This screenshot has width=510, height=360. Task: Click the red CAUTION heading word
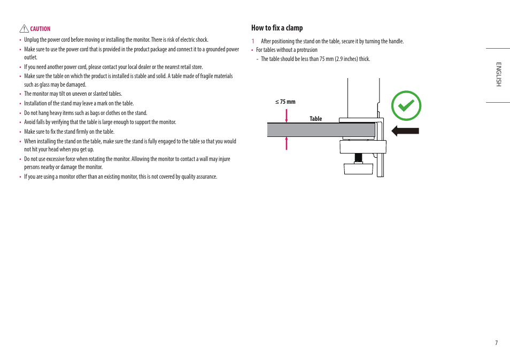point(40,29)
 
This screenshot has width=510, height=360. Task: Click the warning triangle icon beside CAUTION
point(24,29)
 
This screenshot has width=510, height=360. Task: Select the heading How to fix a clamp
point(277,28)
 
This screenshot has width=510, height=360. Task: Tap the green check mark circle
point(406,105)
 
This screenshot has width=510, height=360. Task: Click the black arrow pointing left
point(405,131)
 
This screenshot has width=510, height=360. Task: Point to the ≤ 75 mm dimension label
point(285,102)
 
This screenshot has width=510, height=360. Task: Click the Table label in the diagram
point(316,119)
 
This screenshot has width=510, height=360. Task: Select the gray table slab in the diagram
point(321,129)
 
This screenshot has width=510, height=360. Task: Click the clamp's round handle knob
point(358,168)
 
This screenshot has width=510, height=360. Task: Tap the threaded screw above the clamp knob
point(358,158)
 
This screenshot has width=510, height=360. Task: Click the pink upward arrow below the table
point(287,143)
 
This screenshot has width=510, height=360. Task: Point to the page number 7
point(496,343)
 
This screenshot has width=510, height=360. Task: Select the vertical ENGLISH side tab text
point(498,74)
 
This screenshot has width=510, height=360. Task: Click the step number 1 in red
point(253,41)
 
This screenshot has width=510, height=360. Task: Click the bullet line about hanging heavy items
point(86,113)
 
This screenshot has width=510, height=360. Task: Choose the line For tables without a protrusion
point(287,50)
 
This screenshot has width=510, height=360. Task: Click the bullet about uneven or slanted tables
point(73,94)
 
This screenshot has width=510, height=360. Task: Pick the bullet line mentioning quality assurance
point(120,177)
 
